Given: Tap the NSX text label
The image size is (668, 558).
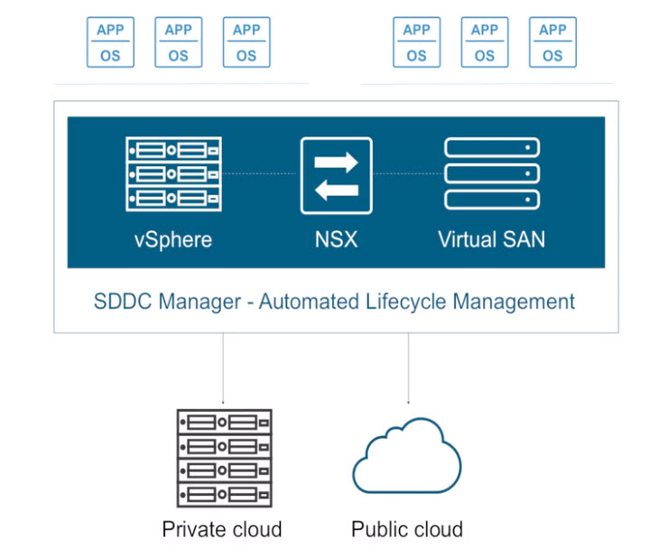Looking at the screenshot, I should (x=336, y=240).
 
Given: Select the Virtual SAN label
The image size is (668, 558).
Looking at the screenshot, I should (x=491, y=240).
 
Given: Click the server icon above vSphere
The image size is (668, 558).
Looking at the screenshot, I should (x=172, y=173).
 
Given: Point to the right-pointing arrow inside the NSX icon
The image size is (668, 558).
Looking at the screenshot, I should (x=337, y=161).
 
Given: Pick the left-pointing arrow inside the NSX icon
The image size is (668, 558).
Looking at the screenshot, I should (x=336, y=190).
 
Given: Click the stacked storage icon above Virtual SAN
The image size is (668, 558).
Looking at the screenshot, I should (x=492, y=173).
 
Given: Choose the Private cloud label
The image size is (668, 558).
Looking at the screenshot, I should (x=222, y=529).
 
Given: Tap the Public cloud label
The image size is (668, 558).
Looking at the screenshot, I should (x=407, y=529).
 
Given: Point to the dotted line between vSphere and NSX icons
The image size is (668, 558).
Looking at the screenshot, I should (x=262, y=172).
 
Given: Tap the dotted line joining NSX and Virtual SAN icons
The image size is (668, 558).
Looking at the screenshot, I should (x=408, y=172).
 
